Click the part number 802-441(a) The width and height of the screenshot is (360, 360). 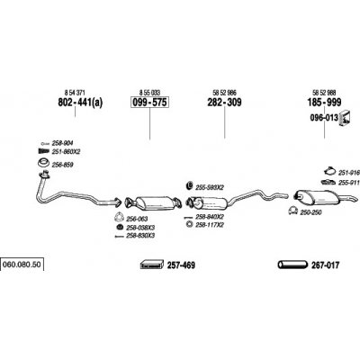click(80, 103)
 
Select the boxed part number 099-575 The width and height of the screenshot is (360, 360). click(149, 103)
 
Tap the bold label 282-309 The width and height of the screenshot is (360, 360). click(224, 103)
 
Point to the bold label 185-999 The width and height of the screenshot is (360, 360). click(324, 103)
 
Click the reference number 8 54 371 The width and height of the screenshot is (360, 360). click(75, 92)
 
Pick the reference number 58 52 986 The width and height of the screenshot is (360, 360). click(224, 92)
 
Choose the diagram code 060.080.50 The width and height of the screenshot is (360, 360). click(22, 265)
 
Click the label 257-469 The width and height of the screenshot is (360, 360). click(181, 265)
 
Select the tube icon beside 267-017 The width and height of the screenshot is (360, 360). click(292, 265)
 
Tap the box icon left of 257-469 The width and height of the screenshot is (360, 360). click(152, 265)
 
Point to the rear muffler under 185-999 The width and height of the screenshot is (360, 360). click(317, 197)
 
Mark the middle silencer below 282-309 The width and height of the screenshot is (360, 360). click(210, 202)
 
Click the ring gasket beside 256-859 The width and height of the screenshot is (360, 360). click(44, 164)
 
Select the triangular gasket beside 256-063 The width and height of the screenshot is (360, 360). click(119, 217)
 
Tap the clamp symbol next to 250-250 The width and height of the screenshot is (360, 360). click(292, 211)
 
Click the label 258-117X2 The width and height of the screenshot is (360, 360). click(210, 224)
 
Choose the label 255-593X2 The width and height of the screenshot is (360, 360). click(210, 187)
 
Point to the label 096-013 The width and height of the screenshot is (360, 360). click(324, 118)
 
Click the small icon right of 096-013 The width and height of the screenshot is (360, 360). click(345, 118)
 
